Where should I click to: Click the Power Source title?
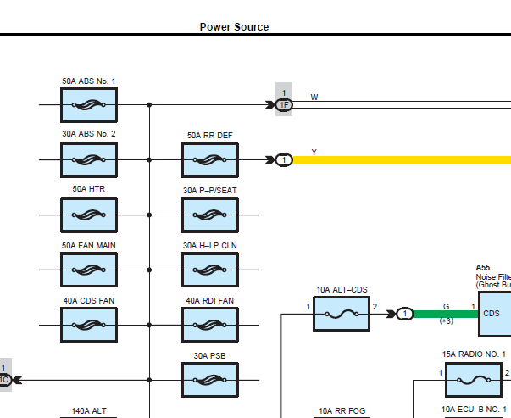[234, 27]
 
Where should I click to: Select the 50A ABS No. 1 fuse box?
[89, 105]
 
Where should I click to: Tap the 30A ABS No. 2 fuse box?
[89, 160]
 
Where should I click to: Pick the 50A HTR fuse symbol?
[89, 215]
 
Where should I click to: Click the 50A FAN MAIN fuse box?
[89, 270]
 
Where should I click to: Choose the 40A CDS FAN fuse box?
[89, 325]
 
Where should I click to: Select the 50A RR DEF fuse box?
[209, 160]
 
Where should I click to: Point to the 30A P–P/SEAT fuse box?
[209, 215]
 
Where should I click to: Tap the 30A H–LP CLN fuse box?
[209, 270]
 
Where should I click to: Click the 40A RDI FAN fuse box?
[209, 325]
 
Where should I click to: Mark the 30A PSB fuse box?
[209, 380]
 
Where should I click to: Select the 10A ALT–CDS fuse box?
[342, 314]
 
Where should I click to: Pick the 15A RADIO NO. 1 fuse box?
[474, 380]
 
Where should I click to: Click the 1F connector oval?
[284, 104]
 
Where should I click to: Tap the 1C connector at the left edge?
[6, 380]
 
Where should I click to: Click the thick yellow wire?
[402, 160]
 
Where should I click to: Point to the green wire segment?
[446, 314]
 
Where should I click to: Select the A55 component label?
[483, 268]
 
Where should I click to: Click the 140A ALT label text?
[89, 411]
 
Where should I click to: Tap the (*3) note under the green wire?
[446, 321]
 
